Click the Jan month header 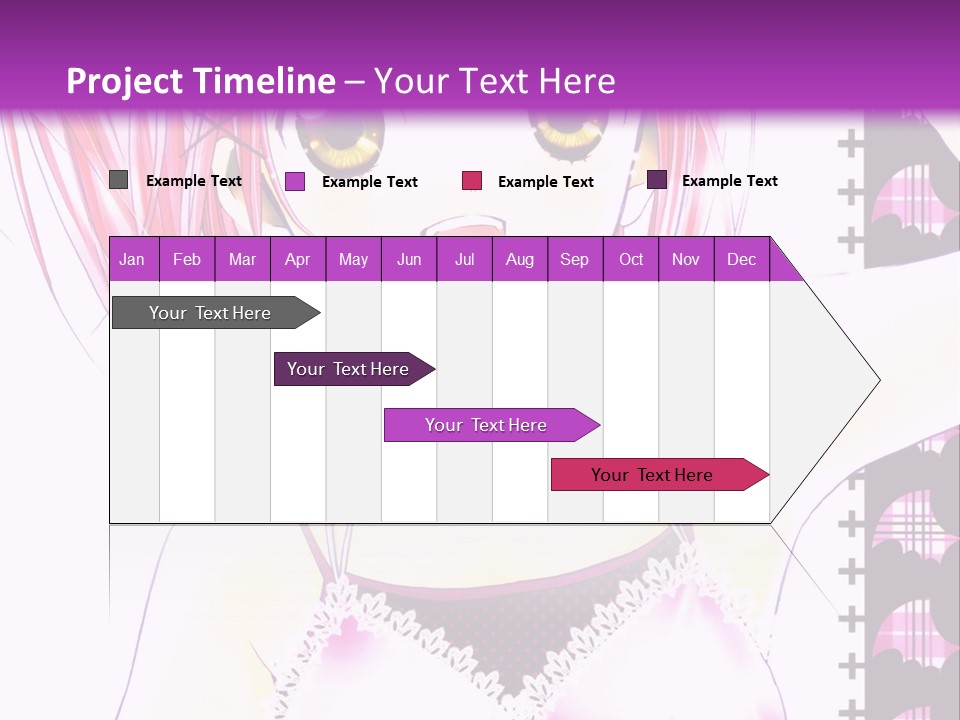pyautogui.click(x=132, y=259)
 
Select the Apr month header pyautogui.click(x=297, y=259)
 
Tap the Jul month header pyautogui.click(x=464, y=259)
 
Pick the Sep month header pyautogui.click(x=574, y=259)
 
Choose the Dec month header pyautogui.click(x=741, y=259)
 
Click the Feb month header pyautogui.click(x=187, y=259)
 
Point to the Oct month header pyautogui.click(x=631, y=259)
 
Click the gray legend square pyautogui.click(x=119, y=180)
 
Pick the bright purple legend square pyautogui.click(x=295, y=181)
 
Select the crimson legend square pyautogui.click(x=472, y=181)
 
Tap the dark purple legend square pyautogui.click(x=657, y=180)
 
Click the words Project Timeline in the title pyautogui.click(x=201, y=81)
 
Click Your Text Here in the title pyautogui.click(x=494, y=81)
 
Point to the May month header pyautogui.click(x=353, y=259)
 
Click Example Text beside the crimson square pyautogui.click(x=545, y=182)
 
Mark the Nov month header pyautogui.click(x=686, y=259)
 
